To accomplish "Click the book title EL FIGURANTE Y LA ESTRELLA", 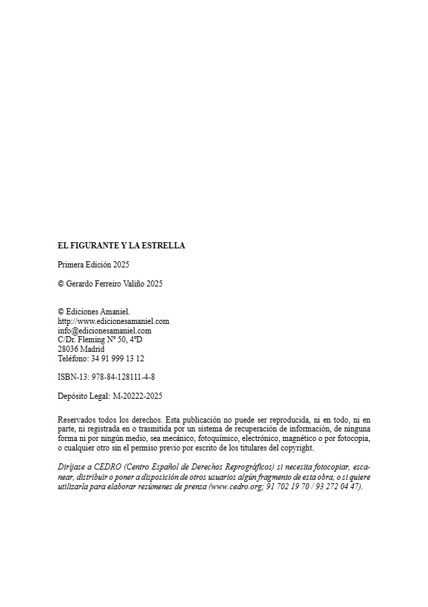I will (x=121, y=246).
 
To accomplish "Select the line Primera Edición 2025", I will (x=93, y=264).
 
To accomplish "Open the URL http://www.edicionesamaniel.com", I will (x=114, y=321).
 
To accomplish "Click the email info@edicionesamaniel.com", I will (x=105, y=331).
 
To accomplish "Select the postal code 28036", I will (x=67, y=349).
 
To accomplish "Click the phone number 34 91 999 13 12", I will (x=118, y=358).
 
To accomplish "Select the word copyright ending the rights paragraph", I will (x=298, y=448).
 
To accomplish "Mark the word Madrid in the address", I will (x=92, y=349).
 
